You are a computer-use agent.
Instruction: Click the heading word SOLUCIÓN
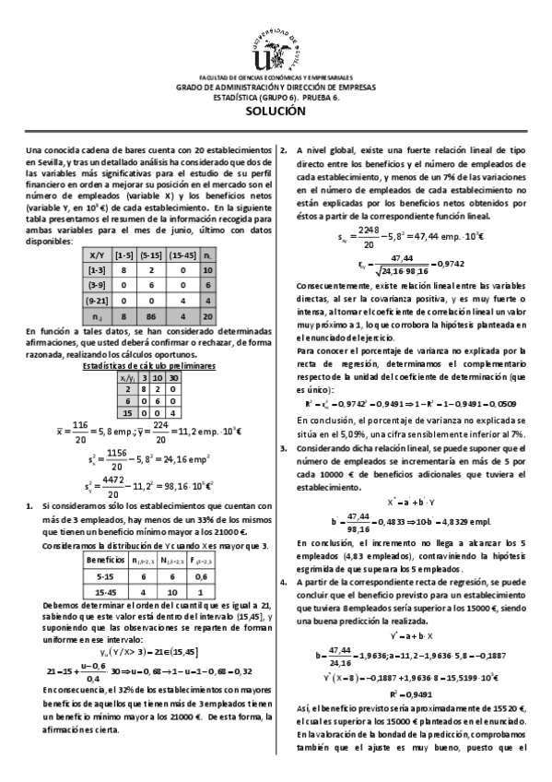(x=276, y=111)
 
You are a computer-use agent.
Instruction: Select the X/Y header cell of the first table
(x=96, y=254)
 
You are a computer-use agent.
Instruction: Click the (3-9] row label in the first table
(x=96, y=286)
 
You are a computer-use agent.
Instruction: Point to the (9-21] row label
(x=96, y=302)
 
